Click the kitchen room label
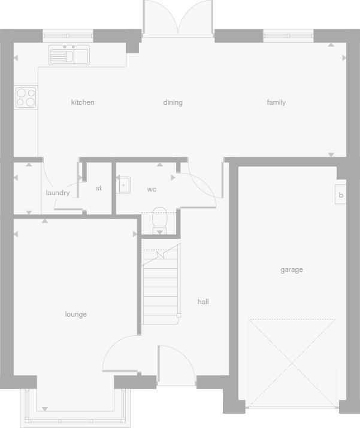coord(83,102)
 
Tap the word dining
coord(173,102)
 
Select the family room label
coord(276,102)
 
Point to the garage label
coord(292,270)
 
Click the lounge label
coord(76,314)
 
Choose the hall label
coord(203,302)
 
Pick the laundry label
coord(58,193)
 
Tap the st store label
coord(99,188)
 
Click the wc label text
coord(152,189)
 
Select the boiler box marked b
coord(341,195)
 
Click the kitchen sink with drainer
coord(69,56)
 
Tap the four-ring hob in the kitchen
coord(26,98)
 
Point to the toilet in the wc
coord(160,220)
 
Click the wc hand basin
coord(123,185)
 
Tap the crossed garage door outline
coord(292,362)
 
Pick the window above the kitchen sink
coord(68,36)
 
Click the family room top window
coord(288,36)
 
